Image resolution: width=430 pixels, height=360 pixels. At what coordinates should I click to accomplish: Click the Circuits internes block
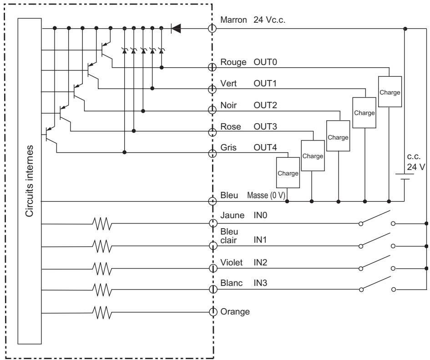[x=30, y=182]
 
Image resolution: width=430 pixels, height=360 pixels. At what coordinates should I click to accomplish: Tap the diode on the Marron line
[x=176, y=29]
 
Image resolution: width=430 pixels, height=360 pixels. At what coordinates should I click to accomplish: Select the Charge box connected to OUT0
[x=389, y=91]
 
